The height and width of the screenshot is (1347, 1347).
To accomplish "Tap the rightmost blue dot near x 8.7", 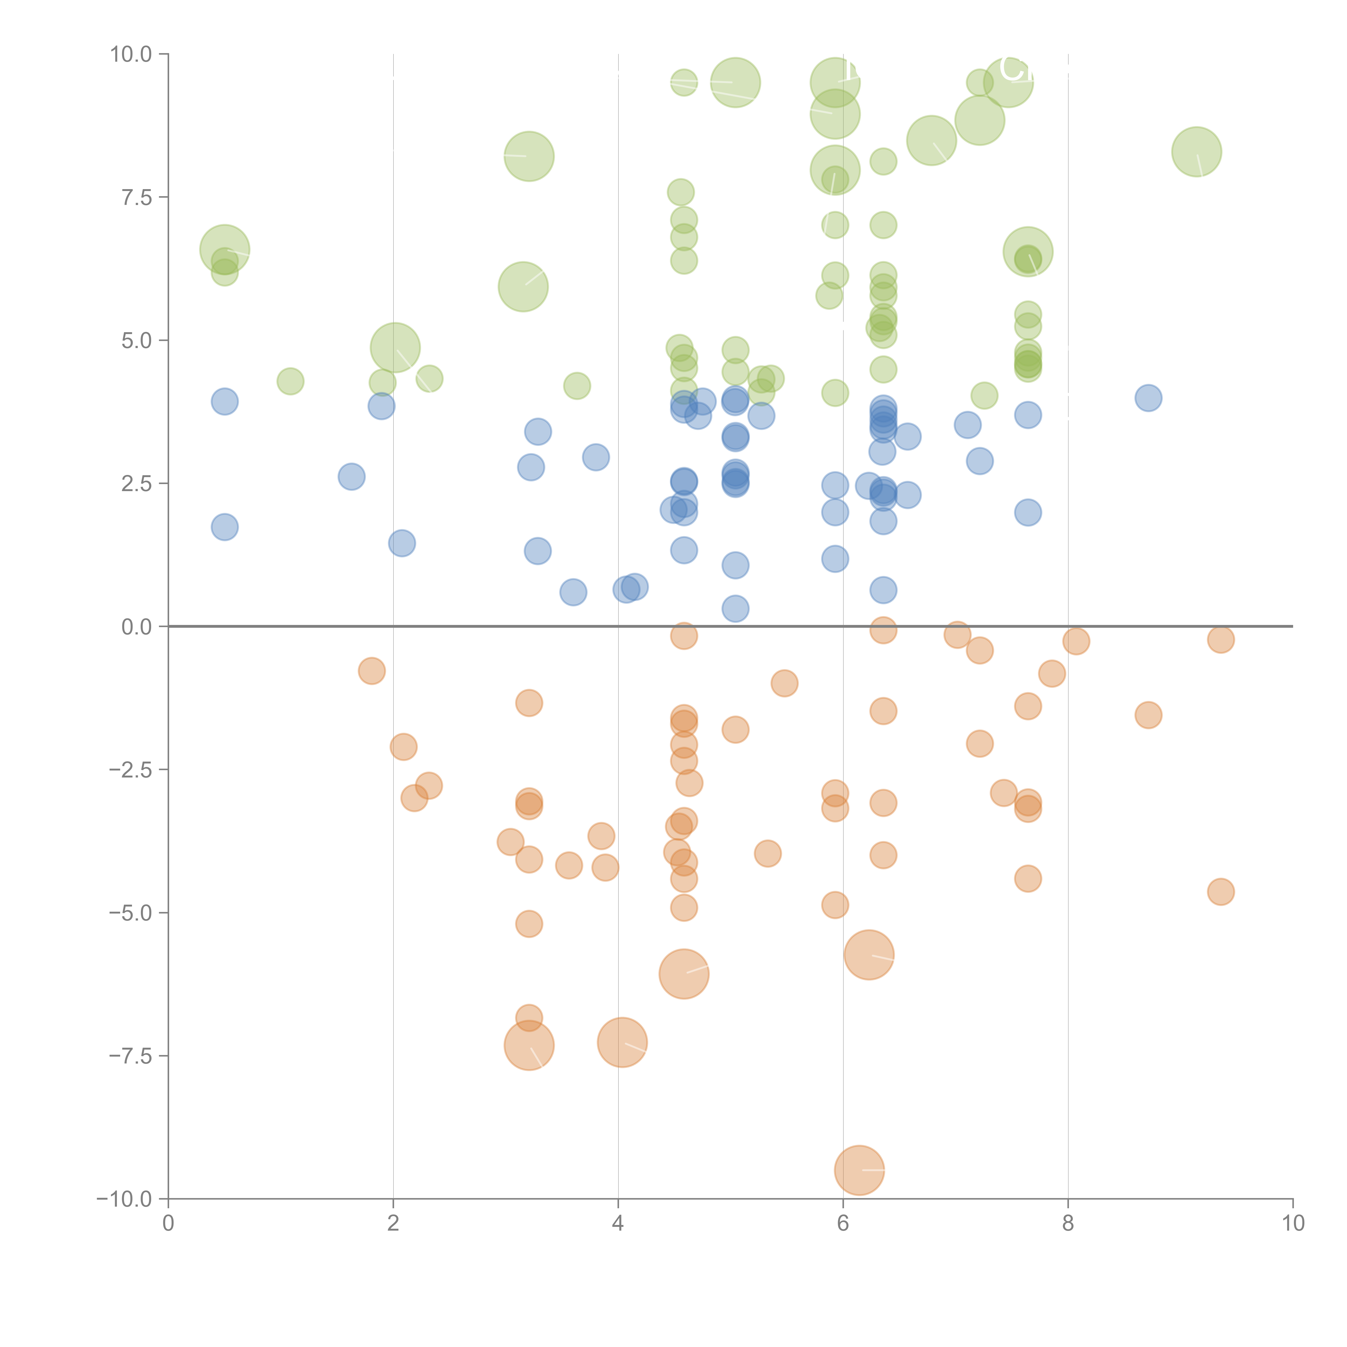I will coord(1148,398).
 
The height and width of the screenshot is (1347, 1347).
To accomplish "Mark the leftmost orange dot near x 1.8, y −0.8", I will coord(372,671).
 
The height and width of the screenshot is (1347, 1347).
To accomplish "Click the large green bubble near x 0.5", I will coord(224,250).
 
